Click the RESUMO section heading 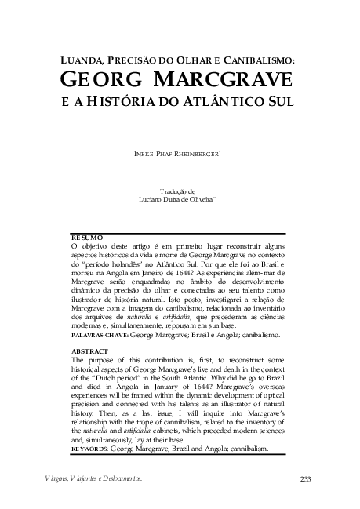click(x=87, y=237)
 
